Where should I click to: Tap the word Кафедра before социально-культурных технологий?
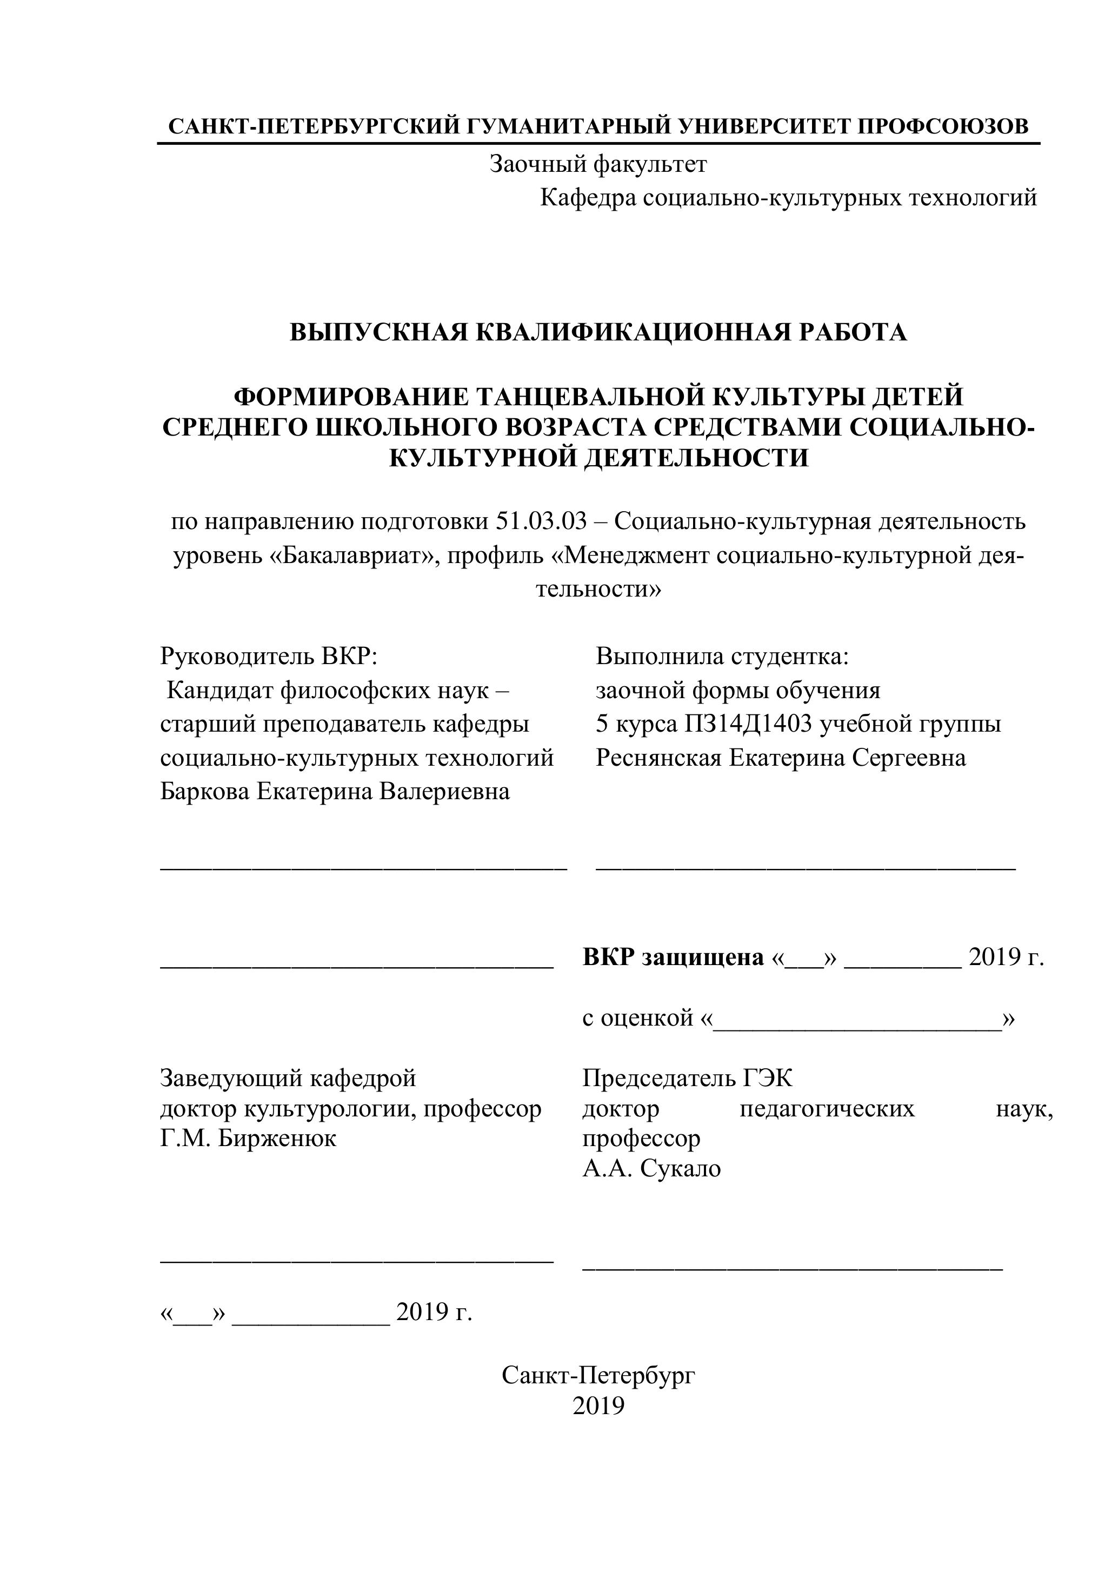(x=588, y=198)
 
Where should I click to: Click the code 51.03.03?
(x=541, y=521)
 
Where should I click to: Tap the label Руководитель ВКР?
(x=269, y=657)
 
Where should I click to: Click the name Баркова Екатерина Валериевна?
(x=335, y=792)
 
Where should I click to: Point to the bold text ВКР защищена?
(x=673, y=957)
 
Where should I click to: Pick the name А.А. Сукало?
(x=651, y=1168)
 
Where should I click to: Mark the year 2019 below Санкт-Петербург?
(x=597, y=1406)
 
